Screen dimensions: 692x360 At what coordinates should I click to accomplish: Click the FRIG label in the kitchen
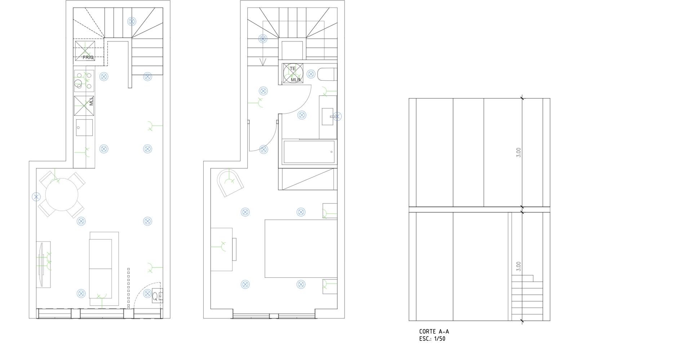coord(88,57)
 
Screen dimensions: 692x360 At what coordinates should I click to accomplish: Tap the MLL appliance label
coord(91,101)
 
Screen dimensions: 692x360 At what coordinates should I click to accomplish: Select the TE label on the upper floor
coord(292,68)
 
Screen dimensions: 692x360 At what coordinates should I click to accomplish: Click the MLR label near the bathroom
coord(296,80)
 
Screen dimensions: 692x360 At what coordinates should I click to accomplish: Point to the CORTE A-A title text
coord(434,332)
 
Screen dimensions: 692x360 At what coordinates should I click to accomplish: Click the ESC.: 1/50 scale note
coord(432,339)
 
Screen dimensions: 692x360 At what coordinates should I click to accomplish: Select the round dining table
coord(62,195)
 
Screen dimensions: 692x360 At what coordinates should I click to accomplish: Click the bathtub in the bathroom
coord(309,152)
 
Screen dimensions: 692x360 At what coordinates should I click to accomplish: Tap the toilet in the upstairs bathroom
coord(327,75)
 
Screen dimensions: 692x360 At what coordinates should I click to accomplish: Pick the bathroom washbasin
coord(327,116)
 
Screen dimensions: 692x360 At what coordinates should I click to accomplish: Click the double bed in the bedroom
coord(301,249)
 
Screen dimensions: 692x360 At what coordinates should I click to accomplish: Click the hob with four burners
coord(84,81)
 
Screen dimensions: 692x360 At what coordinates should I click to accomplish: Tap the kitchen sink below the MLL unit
coord(84,128)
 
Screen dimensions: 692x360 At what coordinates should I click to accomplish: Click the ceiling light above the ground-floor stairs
coord(132,22)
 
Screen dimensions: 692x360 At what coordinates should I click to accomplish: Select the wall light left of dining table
coord(36,197)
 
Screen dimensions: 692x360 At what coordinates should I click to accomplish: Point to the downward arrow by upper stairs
coord(263,62)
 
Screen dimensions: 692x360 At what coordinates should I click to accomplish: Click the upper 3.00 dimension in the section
coord(519,152)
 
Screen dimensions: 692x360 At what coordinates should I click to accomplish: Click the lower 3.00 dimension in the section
coord(519,266)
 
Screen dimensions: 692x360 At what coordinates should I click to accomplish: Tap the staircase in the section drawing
coord(527,298)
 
